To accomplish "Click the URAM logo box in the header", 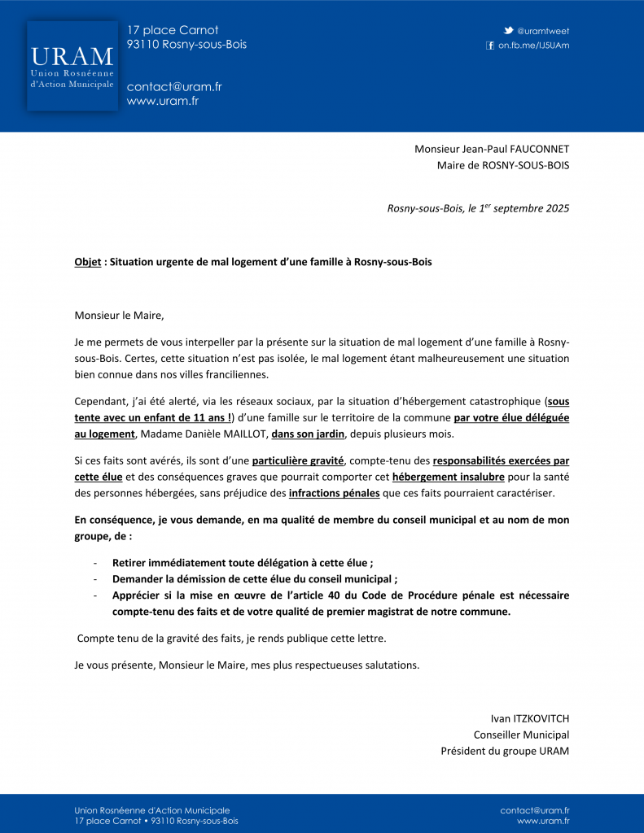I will coord(72,66).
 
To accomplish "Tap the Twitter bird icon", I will coord(508,31).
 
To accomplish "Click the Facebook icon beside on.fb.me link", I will coord(490,46).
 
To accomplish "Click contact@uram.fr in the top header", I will coord(174,87).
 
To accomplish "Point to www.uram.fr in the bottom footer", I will coord(543,822).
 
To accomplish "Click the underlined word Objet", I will coord(88,263).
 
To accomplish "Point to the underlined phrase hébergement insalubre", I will coord(448,478).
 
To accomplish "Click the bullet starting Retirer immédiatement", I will coord(243,563).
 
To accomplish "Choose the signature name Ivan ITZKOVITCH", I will coord(529,718).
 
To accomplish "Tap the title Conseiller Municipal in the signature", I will coord(521,735).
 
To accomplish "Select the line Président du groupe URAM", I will coord(505,751).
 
